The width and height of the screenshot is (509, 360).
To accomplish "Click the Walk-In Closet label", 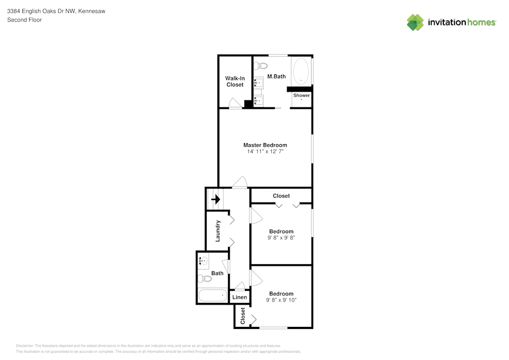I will pos(235,81).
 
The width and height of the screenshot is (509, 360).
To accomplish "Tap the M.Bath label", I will pos(276,77).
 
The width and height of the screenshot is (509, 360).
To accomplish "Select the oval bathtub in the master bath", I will pos(301,71).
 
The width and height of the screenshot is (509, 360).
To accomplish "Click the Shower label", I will pos(301,95).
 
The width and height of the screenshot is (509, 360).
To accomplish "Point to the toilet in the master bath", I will pos(261,65).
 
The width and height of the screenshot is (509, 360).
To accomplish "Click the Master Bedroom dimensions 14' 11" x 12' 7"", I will pos(265,152).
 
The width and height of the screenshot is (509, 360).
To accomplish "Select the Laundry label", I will pos(218,231).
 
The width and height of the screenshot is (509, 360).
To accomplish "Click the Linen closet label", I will pos(239,297).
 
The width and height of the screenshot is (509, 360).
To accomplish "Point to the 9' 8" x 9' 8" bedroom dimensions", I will pos(281,238).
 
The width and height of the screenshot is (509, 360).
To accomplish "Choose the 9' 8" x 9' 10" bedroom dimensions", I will pos(281,300).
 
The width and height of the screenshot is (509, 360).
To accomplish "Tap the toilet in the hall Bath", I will pos(205,278).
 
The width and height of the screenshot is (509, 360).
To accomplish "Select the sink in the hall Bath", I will pos(203,261).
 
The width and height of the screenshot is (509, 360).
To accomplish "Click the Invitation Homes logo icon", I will pos(415,22).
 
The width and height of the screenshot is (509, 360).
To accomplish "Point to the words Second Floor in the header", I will pos(24,20).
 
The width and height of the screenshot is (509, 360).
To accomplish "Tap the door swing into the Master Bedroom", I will pos(239,182).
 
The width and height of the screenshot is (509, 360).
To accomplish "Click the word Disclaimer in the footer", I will pos(25,346).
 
